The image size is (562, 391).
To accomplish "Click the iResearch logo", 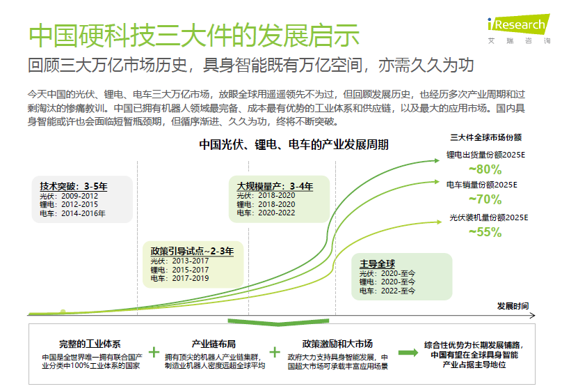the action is (x=519, y=29).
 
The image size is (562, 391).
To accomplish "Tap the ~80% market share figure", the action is (x=485, y=169).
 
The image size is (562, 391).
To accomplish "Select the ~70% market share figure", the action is (x=485, y=199).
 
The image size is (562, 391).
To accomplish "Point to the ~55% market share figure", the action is (x=485, y=232).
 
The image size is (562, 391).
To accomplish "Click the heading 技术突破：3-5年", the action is (x=74, y=186).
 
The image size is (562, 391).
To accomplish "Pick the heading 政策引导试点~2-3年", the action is (x=192, y=251).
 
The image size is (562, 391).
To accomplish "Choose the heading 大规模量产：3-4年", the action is (x=275, y=186).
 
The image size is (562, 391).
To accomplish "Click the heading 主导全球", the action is (x=377, y=264).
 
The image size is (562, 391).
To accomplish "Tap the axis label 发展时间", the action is (x=513, y=306).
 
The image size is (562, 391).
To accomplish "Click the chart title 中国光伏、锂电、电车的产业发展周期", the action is (x=294, y=145).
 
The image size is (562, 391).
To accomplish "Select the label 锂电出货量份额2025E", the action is (x=485, y=155).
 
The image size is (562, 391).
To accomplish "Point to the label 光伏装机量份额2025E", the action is (x=489, y=217).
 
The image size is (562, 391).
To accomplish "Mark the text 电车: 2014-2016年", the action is (x=72, y=214).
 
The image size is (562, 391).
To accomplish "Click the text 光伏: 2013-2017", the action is (x=179, y=261).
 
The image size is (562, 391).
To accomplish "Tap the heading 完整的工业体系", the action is (x=90, y=344).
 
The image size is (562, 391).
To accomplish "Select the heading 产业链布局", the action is (x=214, y=344).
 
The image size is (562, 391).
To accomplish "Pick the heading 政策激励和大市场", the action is (x=337, y=344).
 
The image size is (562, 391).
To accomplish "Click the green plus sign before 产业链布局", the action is (x=154, y=352).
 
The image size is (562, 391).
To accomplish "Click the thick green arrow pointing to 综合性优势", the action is (x=408, y=353).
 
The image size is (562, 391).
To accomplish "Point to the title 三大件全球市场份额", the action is (x=486, y=137).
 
